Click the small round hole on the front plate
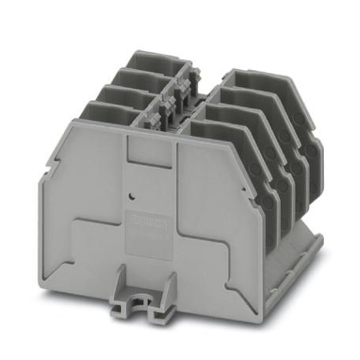coord(133,191)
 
